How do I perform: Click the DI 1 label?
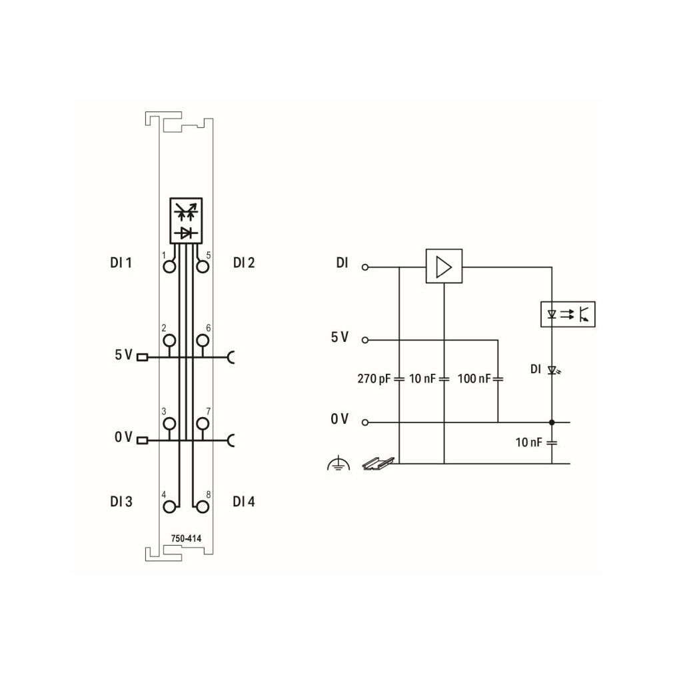pyautogui.click(x=121, y=263)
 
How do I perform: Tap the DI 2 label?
pyautogui.click(x=244, y=263)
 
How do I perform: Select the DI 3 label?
pyautogui.click(x=121, y=501)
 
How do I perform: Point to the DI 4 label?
pyautogui.click(x=244, y=501)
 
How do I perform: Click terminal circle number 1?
pyautogui.click(x=169, y=267)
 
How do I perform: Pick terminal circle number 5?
pyautogui.click(x=203, y=267)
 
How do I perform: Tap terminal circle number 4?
pyautogui.click(x=169, y=507)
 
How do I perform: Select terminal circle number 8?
pyautogui.click(x=203, y=507)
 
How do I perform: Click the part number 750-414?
pyautogui.click(x=186, y=538)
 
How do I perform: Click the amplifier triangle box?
pyautogui.click(x=444, y=266)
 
